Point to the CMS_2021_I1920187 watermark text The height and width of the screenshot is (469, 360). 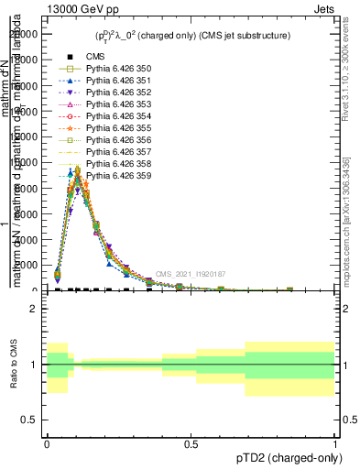pyautogui.click(x=191, y=274)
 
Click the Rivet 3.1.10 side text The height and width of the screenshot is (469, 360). pyautogui.click(x=347, y=73)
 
